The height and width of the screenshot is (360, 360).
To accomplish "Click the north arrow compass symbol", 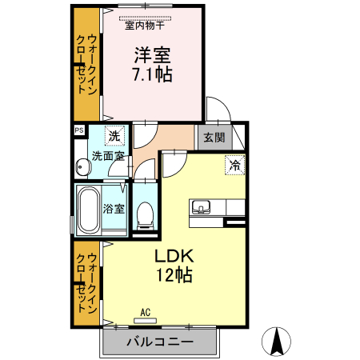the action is pyautogui.click(x=276, y=342).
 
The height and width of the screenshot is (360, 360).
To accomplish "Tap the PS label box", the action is pyautogui.click(x=79, y=130).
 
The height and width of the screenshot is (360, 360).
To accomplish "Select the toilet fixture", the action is pyautogui.click(x=145, y=215).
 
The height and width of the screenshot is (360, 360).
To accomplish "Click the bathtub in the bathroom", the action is pyautogui.click(x=88, y=210).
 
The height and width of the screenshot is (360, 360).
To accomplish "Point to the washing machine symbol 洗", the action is pyautogui.click(x=114, y=136).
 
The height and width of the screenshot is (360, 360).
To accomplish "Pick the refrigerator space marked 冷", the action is pyautogui.click(x=235, y=165).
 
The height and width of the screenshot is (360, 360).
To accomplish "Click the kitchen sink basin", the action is pyautogui.click(x=201, y=207).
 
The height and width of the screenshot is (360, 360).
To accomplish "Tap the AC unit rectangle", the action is pyautogui.click(x=145, y=321).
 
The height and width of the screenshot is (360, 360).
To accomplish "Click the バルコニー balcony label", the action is pyautogui.click(x=160, y=342).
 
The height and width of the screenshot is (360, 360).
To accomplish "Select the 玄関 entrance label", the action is pyautogui.click(x=214, y=138).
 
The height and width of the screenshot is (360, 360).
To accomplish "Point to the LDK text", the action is pyautogui.click(x=174, y=256).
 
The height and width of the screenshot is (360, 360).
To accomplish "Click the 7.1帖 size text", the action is pyautogui.click(x=153, y=74).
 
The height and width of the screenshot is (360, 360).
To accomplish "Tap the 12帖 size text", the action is pyautogui.click(x=174, y=275).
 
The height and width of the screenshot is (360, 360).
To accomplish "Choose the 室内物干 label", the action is pyautogui.click(x=145, y=26).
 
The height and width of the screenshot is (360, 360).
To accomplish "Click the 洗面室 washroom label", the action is pyautogui.click(x=108, y=156).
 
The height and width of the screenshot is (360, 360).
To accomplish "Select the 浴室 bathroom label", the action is pyautogui.click(x=114, y=209).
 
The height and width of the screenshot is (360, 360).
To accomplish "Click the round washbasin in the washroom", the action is pyautogui.click(x=83, y=167).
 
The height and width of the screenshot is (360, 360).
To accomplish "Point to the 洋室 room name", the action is pyautogui.click(x=152, y=55).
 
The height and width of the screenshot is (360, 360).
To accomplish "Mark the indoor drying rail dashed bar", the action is pyautogui.click(x=145, y=18).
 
